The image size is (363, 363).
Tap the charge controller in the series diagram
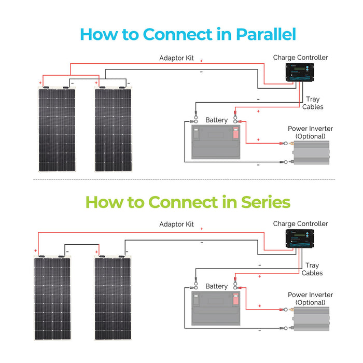pyautogui.click(x=300, y=239)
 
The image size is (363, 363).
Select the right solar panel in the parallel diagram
pyautogui.click(x=113, y=129)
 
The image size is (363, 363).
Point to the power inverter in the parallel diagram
pyautogui.click(x=311, y=153)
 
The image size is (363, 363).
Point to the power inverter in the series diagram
pyautogui.click(x=311, y=319)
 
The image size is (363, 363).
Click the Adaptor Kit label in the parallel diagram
pyautogui.click(x=176, y=58)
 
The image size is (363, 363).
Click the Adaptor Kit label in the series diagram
pyautogui.click(x=176, y=225)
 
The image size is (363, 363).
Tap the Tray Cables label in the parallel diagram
pyautogui.click(x=313, y=103)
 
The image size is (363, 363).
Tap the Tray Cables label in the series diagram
pyautogui.click(x=312, y=269)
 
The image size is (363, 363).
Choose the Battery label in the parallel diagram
pyautogui.click(x=216, y=120)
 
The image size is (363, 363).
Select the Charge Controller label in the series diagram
pyautogui.click(x=300, y=224)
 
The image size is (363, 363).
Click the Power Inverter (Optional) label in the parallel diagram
pyautogui.click(x=310, y=132)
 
